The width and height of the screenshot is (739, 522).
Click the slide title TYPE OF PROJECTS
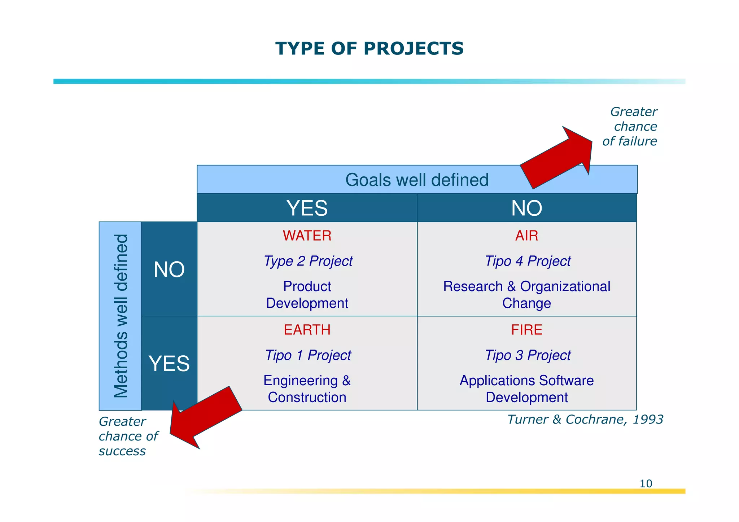point(369,49)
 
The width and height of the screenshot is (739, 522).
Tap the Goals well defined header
point(416,180)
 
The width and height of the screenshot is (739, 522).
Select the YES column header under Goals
point(307,208)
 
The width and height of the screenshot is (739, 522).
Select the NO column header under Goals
point(526,208)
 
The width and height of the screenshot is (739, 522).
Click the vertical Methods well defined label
point(121,316)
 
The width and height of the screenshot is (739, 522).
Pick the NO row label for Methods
point(169,269)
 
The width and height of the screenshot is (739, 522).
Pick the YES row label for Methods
point(169,363)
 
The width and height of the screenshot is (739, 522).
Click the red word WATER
point(307,236)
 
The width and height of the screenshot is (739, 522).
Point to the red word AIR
point(526,236)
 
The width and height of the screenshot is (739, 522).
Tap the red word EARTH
point(307,330)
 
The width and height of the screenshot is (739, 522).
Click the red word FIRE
point(526,330)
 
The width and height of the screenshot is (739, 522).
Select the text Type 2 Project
point(308,261)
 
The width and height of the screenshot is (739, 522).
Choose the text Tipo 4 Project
point(527,261)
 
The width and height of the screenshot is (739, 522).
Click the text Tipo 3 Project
point(527,355)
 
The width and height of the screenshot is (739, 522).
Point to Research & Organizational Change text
point(526,294)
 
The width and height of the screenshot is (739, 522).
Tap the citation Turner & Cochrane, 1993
point(585,419)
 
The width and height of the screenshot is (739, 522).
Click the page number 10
point(646,483)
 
